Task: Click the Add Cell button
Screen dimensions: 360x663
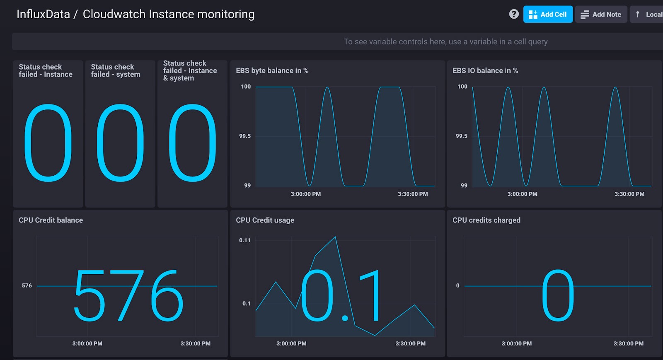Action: [547, 14]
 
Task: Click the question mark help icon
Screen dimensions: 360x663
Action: [514, 14]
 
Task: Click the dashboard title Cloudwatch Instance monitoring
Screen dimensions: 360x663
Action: [168, 14]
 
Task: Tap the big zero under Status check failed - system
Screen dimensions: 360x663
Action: [120, 143]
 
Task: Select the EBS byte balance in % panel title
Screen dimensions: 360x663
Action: [272, 71]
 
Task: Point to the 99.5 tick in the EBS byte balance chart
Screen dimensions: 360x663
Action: [245, 136]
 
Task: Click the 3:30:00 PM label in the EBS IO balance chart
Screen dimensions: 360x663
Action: [629, 194]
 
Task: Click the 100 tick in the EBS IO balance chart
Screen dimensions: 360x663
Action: [462, 87]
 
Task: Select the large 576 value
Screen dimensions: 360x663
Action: [128, 295]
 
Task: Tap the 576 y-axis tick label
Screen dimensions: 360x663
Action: [27, 285]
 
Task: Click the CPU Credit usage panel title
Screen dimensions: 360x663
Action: [265, 220]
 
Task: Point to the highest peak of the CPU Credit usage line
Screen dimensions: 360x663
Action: [335, 237]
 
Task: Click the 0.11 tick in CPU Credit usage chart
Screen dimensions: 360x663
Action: [245, 240]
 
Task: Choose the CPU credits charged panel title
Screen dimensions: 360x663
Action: [486, 220]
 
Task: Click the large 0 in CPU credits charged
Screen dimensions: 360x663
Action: [558, 295]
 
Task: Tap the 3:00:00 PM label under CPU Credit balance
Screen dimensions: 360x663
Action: [87, 343]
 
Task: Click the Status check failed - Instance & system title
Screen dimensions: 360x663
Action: [190, 71]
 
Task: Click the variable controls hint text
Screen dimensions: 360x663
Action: [445, 42]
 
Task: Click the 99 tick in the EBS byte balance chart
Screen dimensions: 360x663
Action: [247, 186]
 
